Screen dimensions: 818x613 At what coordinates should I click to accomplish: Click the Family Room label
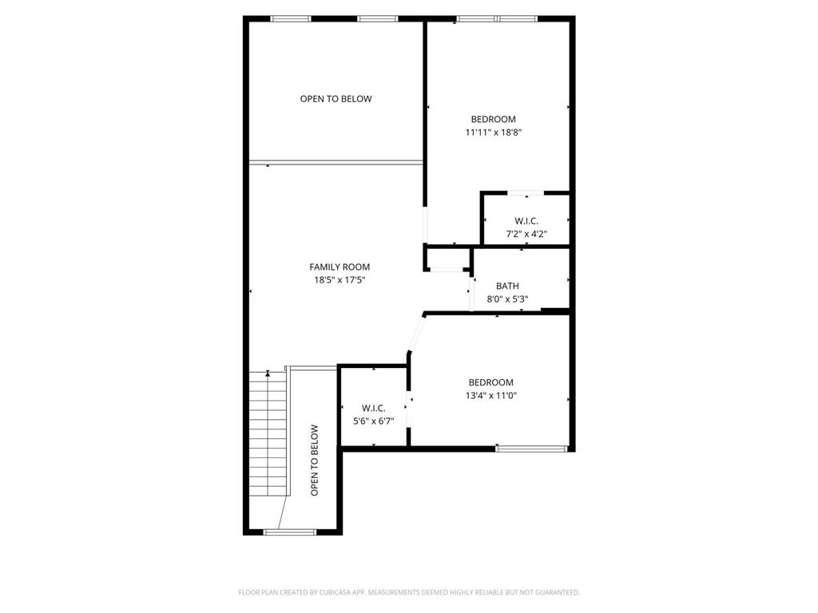[340, 267]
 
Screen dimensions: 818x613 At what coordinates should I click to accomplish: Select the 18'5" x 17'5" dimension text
[340, 280]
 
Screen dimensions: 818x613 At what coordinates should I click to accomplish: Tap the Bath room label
[507, 286]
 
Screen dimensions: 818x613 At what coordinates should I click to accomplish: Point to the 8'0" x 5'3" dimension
[507, 299]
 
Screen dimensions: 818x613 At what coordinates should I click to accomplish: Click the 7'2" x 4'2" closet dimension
[526, 234]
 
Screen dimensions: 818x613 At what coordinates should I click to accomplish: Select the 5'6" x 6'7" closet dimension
[374, 421]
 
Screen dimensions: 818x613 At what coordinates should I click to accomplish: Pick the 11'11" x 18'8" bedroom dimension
[494, 132]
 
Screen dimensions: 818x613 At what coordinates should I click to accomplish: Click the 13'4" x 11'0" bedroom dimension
[491, 396]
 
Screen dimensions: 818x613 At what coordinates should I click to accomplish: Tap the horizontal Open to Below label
[336, 99]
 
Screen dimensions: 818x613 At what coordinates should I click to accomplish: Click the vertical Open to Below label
[314, 461]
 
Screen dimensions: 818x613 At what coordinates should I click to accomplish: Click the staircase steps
[268, 433]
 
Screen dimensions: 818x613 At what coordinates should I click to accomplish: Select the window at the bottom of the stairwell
[289, 532]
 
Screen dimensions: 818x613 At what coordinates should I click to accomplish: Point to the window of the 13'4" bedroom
[531, 449]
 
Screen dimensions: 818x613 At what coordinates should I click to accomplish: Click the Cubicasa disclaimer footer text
[409, 592]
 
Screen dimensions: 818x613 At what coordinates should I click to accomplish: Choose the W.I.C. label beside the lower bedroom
[374, 408]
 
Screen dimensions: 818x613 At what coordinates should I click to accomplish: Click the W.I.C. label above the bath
[526, 221]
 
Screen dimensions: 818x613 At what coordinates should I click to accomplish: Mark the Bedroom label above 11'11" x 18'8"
[494, 120]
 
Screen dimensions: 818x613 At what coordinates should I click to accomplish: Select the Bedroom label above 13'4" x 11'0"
[491, 382]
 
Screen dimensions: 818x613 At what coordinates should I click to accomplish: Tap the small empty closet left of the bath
[448, 259]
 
